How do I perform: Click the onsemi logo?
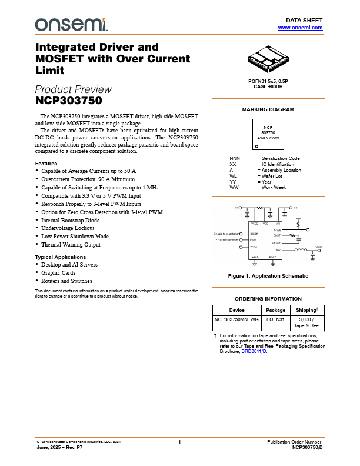point(71,24)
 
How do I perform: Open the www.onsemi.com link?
point(300,28)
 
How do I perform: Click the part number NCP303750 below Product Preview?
point(69,101)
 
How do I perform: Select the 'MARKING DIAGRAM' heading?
point(268,109)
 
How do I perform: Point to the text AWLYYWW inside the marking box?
point(268,137)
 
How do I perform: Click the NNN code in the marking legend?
point(235,158)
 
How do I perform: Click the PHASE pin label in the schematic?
point(276,242)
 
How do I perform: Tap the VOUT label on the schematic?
point(319,247)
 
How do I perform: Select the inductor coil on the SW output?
point(301,250)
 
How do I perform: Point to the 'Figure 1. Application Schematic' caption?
point(268,276)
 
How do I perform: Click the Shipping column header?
point(307,310)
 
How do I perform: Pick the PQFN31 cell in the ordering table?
point(275,319)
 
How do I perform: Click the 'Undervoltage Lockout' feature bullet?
point(66,228)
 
